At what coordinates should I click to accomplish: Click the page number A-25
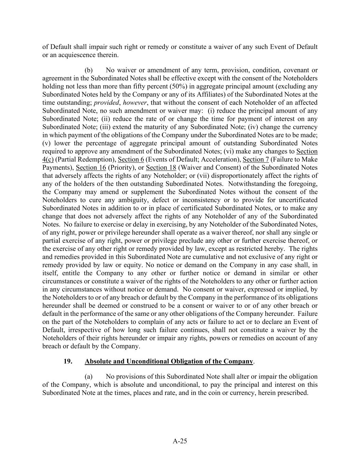tap(180, 441)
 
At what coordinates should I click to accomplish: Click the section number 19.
tap(68, 361)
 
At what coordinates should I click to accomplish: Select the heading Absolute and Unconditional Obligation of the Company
tap(169, 361)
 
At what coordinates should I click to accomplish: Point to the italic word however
tap(134, 103)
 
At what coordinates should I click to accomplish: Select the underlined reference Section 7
tap(256, 159)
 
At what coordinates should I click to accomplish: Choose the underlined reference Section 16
tap(91, 168)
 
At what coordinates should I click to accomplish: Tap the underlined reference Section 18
tap(161, 168)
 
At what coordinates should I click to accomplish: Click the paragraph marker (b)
tap(89, 70)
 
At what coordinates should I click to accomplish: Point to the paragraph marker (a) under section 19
tap(89, 377)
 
